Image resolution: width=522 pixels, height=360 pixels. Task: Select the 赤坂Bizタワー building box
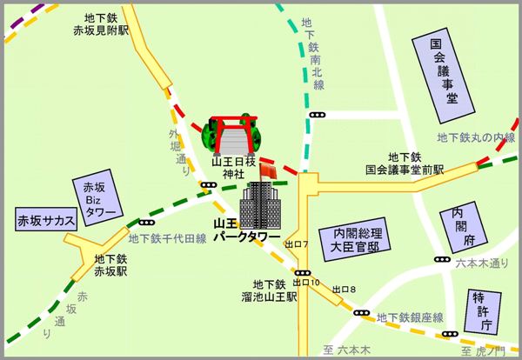point(99,199)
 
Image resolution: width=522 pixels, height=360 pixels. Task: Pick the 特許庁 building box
point(480,310)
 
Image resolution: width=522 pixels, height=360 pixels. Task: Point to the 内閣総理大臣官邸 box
point(352,239)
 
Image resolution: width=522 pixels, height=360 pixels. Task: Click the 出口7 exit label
point(297,244)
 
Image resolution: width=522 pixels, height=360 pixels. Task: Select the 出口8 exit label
point(347,288)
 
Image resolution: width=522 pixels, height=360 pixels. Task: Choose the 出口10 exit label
point(306,283)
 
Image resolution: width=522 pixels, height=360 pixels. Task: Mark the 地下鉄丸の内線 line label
point(476,137)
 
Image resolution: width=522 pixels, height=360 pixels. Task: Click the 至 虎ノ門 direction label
point(481,351)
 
